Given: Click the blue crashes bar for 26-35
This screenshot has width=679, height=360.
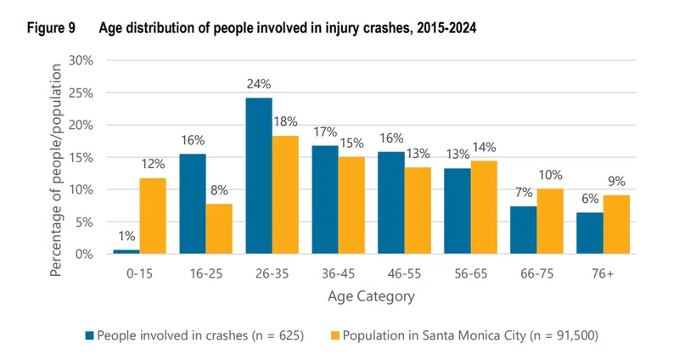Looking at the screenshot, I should (259, 176).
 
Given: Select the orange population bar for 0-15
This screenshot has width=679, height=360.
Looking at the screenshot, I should (153, 216).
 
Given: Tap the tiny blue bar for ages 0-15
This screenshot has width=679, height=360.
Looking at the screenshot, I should (126, 251).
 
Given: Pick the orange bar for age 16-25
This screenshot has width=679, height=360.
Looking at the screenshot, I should (219, 228).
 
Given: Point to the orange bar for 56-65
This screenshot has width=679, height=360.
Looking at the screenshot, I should (485, 207).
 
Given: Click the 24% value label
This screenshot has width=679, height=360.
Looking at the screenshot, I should (259, 84).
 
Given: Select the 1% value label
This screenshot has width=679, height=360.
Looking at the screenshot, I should (126, 237).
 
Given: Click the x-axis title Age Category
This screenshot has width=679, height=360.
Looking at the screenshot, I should (371, 296).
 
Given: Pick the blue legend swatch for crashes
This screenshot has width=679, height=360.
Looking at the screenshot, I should (88, 335).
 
